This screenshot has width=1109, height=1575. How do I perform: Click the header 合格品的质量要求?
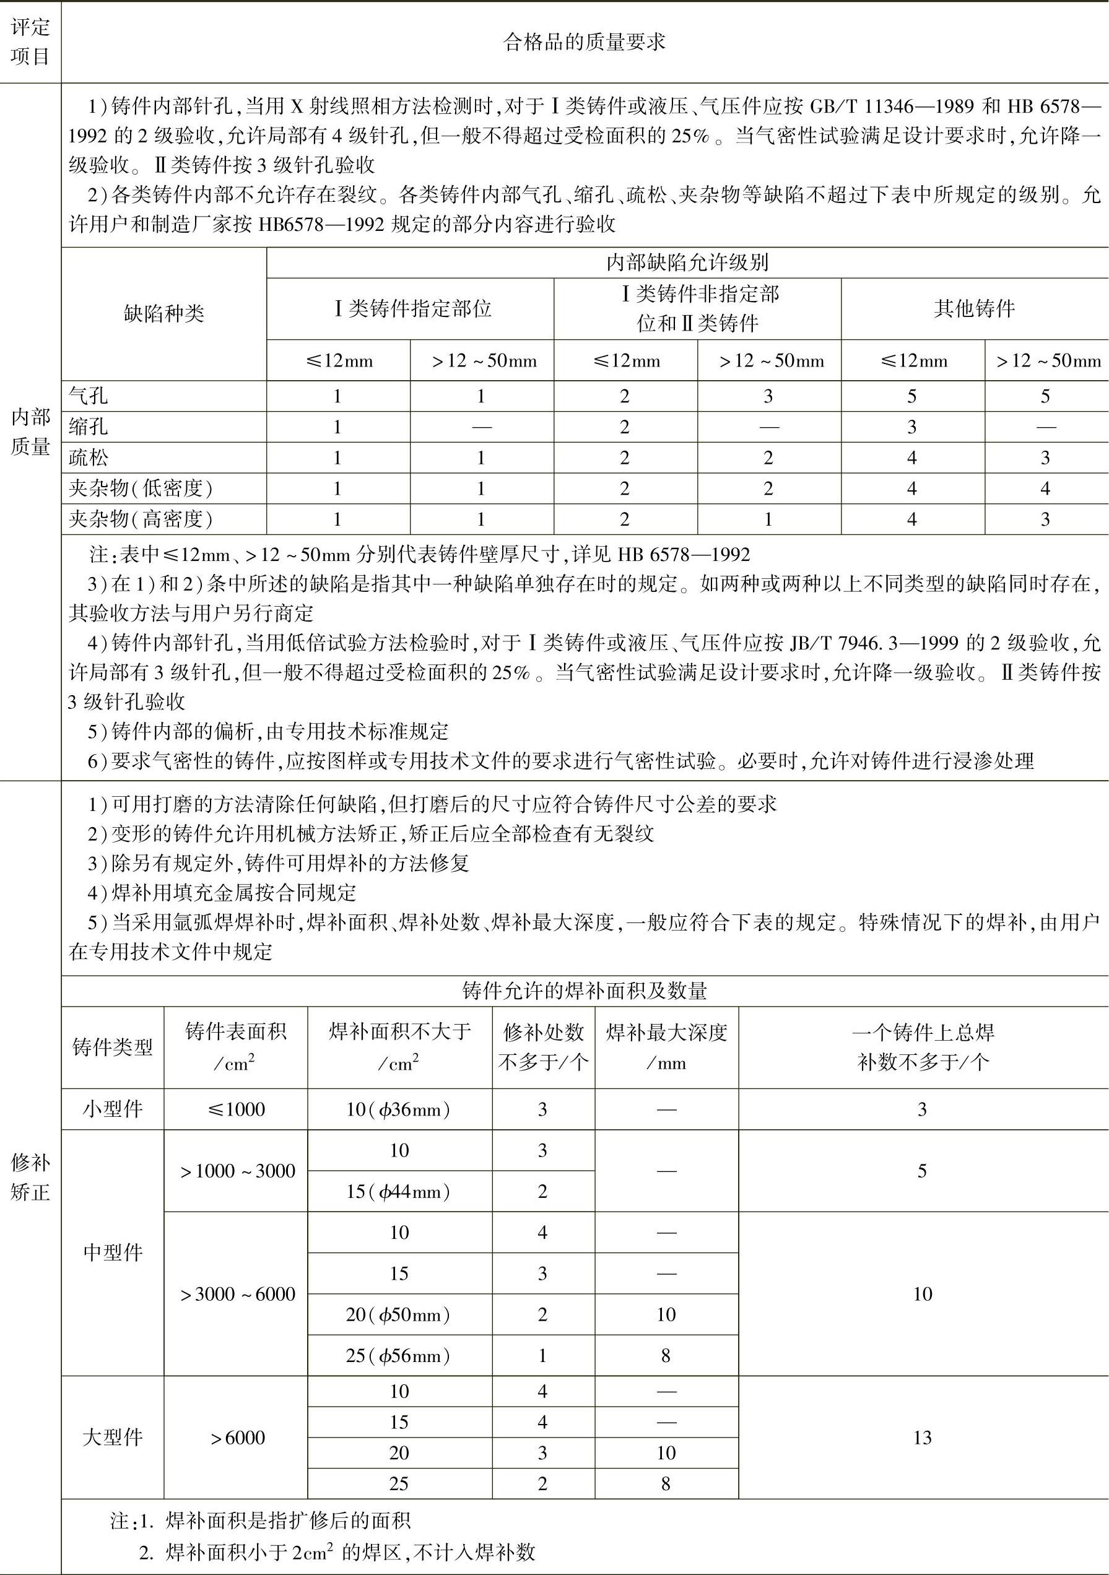point(584,43)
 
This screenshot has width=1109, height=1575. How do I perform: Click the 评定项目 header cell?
point(30,43)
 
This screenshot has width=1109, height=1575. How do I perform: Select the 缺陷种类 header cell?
point(164,314)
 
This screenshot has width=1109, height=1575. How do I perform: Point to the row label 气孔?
point(89,396)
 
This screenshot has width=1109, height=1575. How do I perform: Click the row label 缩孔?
point(89,427)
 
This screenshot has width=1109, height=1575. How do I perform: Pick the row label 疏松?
point(89,458)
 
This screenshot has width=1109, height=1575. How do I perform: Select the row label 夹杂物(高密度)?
point(141,519)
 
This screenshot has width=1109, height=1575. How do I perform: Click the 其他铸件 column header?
point(975,309)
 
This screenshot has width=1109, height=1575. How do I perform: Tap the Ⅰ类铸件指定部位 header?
point(412,309)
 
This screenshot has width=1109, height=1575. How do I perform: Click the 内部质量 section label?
point(30,432)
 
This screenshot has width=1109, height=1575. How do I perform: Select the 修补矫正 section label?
point(30,1177)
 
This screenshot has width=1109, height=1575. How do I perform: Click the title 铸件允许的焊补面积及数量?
point(584,991)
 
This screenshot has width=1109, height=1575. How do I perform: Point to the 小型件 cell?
point(113,1109)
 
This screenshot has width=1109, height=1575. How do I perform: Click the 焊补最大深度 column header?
point(666,1048)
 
